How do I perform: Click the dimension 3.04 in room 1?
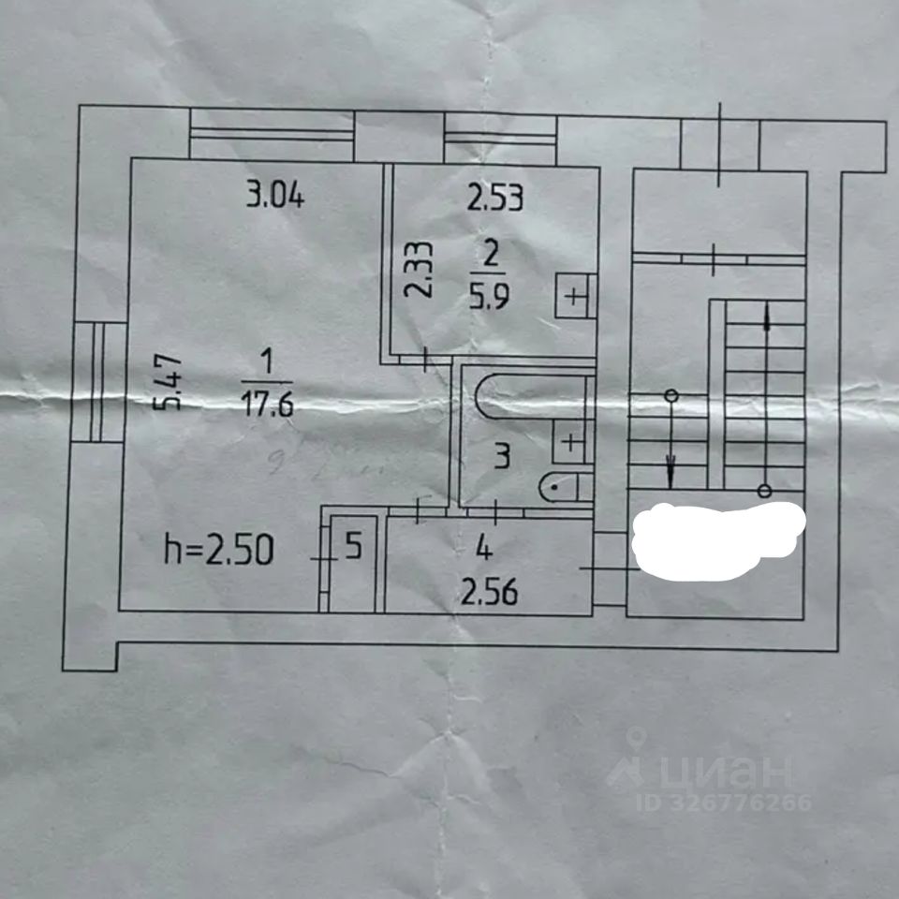(275, 198)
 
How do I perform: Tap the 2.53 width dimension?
(494, 198)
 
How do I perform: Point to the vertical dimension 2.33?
(420, 270)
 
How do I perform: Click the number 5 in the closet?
(352, 546)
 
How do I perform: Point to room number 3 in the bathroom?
(502, 458)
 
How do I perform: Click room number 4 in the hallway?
(481, 545)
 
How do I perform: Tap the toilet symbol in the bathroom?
(566, 486)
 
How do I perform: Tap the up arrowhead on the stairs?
(768, 317)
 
